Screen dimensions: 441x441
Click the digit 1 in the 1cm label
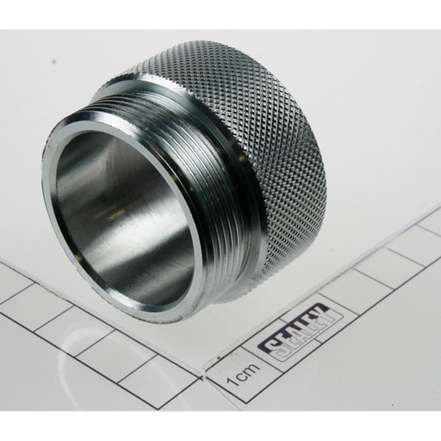click(232, 381)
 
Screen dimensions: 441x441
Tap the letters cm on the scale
click(247, 370)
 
